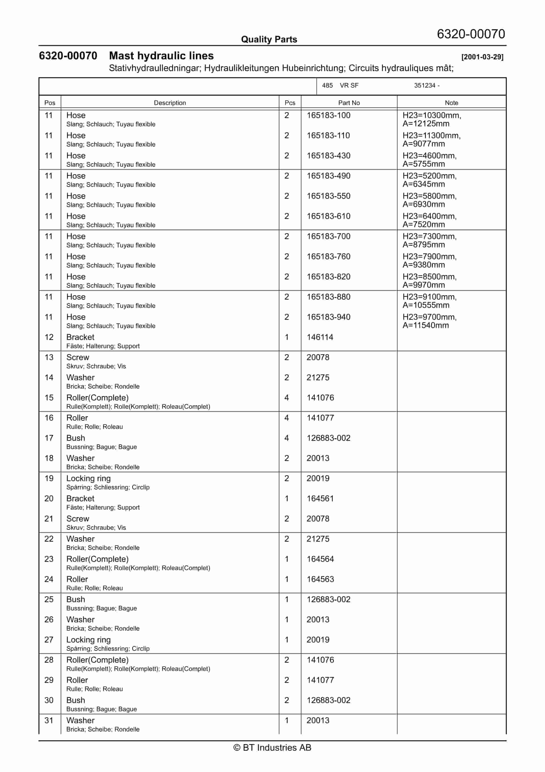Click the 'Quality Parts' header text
pos(269,39)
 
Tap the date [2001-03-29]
pos(482,57)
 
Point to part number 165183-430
pos(328,156)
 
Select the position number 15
pos(49,398)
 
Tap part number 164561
pos(320,499)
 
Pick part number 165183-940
pos(328,317)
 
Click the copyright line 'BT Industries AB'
pos(272,747)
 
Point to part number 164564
pos(320,559)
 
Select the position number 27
pos(49,640)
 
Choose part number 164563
pos(320,579)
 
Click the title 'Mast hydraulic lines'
pos(161,56)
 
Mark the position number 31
pos(49,721)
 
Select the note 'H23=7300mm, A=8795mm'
pos(429,240)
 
